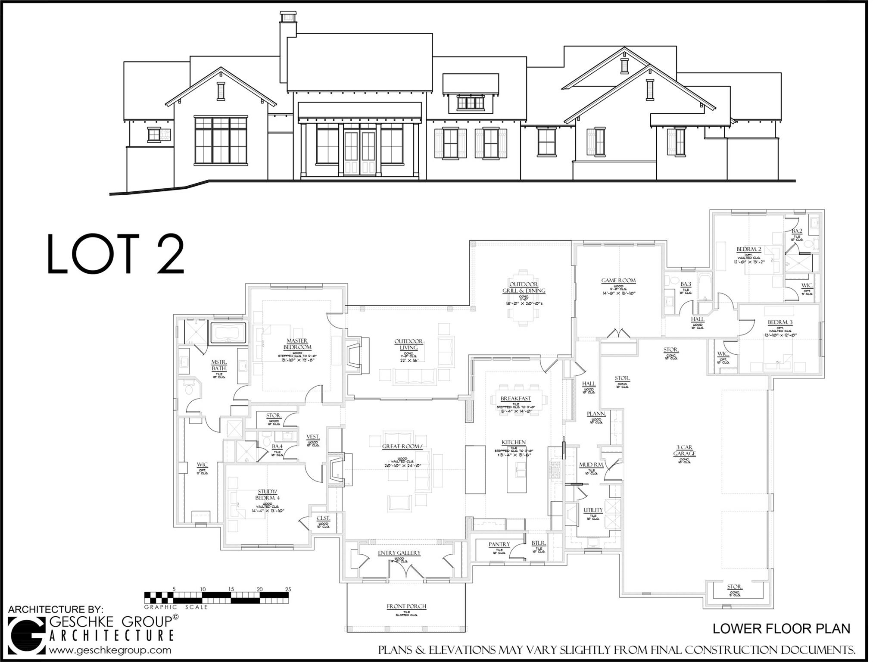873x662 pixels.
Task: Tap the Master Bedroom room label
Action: [x=297, y=344]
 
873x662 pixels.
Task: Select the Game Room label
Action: [x=618, y=281]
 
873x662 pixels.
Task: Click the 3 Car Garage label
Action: [x=684, y=450]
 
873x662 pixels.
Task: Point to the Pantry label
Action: [x=499, y=544]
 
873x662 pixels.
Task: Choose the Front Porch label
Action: [x=406, y=606]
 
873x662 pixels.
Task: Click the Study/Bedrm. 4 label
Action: [x=268, y=494]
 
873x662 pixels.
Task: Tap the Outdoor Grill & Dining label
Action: [x=524, y=287]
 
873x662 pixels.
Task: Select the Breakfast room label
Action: [x=515, y=399]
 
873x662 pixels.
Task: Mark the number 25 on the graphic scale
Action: [x=288, y=589]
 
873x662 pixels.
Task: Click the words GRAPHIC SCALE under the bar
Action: [x=176, y=607]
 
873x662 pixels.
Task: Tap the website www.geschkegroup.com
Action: [x=110, y=650]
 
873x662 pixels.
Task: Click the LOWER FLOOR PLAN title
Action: [x=781, y=629]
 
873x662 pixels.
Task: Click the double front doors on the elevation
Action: [x=360, y=153]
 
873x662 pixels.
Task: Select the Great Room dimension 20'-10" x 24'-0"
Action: [x=402, y=465]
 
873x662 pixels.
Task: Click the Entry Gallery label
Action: [x=399, y=553]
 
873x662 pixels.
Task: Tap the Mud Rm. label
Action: [x=591, y=465]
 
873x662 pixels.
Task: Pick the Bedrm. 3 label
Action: [x=780, y=322]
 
